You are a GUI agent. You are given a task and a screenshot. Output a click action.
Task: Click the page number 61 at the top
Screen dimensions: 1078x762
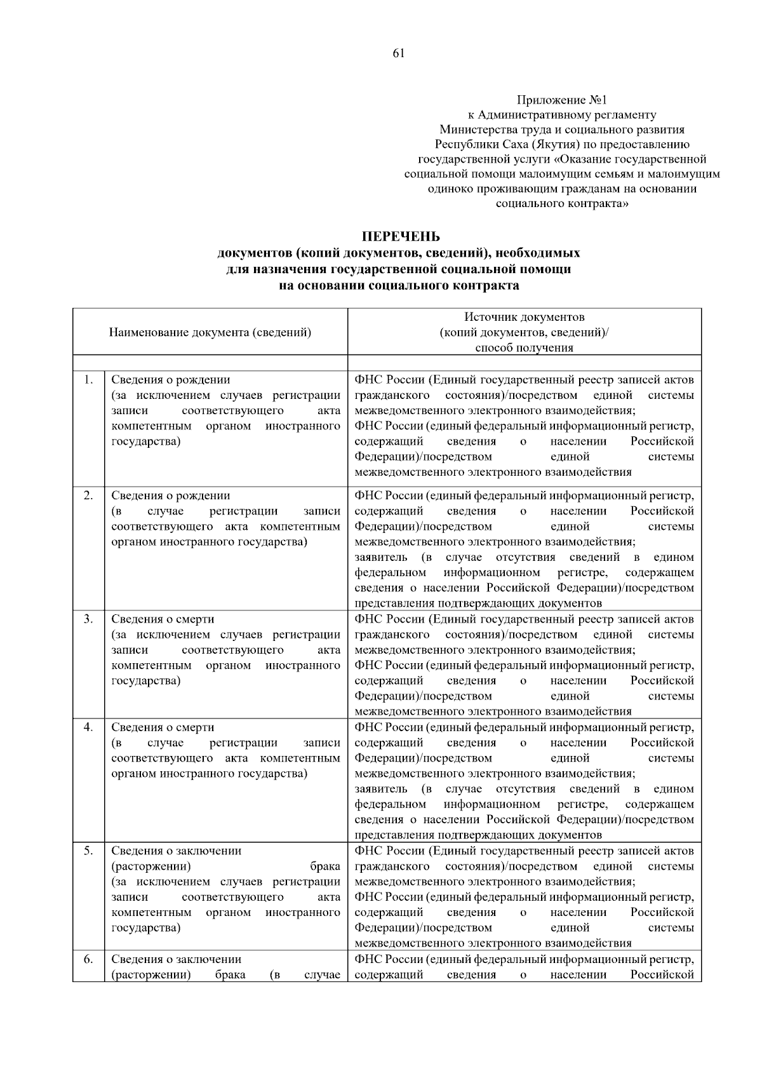tap(399, 53)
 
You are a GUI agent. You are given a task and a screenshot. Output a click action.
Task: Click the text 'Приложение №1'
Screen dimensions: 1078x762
tap(562, 100)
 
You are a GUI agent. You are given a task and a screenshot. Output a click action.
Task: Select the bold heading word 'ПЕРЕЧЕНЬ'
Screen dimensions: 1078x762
tap(400, 237)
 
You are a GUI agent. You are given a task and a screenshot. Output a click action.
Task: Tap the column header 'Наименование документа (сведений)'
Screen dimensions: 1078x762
tap(210, 332)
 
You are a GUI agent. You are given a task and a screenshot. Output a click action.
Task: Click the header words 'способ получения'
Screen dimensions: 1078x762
tap(524, 347)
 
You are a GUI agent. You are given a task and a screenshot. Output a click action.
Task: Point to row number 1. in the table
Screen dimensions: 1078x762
tap(88, 380)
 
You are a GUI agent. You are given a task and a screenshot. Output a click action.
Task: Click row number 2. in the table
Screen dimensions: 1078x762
tap(88, 495)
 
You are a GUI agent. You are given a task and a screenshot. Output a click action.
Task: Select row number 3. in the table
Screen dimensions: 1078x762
tap(88, 619)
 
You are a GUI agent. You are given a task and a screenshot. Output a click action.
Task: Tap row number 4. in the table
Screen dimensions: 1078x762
tap(88, 727)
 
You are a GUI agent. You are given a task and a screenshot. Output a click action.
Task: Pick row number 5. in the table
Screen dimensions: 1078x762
tap(88, 851)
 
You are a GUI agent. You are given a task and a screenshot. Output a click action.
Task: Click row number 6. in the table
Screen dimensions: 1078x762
tap(88, 959)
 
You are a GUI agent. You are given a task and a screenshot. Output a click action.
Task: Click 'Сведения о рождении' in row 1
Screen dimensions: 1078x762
tap(171, 380)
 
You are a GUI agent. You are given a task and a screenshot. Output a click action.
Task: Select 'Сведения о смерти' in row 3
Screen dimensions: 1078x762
tap(163, 619)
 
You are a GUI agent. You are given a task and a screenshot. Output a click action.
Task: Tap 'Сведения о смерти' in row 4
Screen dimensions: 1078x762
tap(163, 727)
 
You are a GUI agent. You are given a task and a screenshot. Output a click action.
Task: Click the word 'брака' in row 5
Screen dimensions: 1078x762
tap(324, 866)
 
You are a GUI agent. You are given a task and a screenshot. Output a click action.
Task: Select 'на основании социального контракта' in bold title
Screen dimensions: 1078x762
tap(399, 285)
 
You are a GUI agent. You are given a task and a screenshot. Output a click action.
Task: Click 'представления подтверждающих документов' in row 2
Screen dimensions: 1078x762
tap(478, 603)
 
